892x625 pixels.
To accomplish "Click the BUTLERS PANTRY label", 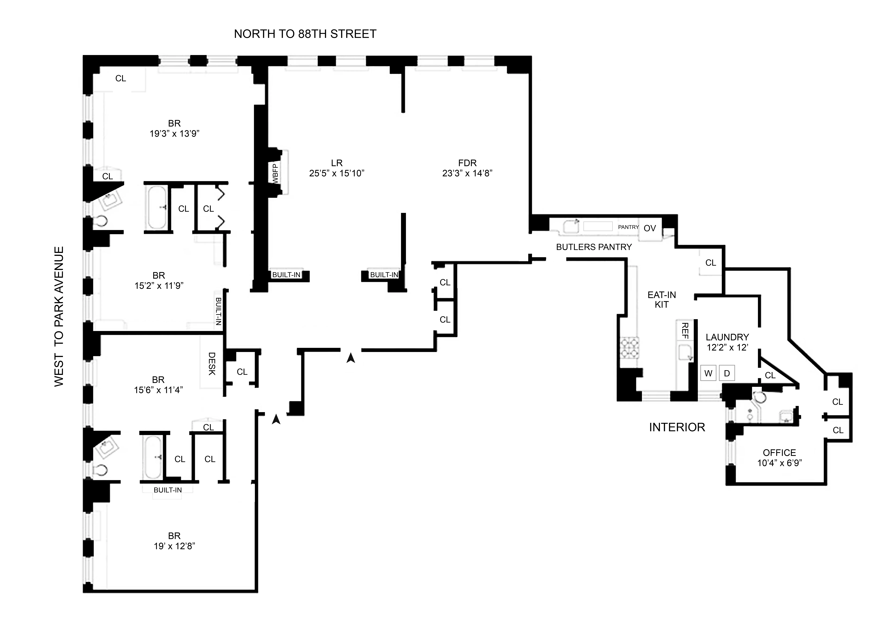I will [594, 247].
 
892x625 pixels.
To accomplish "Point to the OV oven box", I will [650, 228].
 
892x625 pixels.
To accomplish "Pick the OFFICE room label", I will [779, 453].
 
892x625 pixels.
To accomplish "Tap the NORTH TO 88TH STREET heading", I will [305, 34].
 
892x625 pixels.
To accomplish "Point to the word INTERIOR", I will [677, 427].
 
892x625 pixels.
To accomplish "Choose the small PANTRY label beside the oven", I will [628, 227].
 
